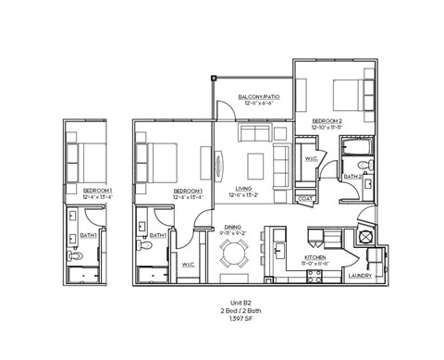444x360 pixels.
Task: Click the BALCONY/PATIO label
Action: (259, 96)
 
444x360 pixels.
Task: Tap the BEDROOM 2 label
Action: (328, 120)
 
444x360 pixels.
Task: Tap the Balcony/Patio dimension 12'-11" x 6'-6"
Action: (259, 104)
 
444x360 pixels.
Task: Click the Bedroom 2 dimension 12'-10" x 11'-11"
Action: (328, 128)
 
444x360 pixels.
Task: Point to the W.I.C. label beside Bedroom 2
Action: (311, 158)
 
